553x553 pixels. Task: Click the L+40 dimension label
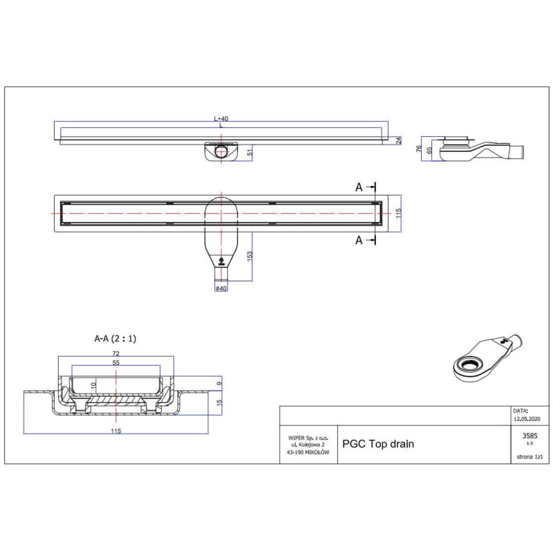(x=221, y=118)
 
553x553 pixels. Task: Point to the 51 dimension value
(x=250, y=152)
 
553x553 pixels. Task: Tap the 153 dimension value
(x=250, y=255)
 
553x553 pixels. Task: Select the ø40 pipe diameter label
(x=221, y=288)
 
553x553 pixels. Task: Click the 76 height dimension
(x=419, y=149)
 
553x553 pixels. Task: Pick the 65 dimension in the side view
(x=429, y=151)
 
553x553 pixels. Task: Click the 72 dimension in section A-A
(x=116, y=353)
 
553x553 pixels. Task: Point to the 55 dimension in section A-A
(x=116, y=362)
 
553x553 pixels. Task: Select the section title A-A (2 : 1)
(x=115, y=339)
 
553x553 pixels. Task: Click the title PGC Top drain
(x=378, y=444)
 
